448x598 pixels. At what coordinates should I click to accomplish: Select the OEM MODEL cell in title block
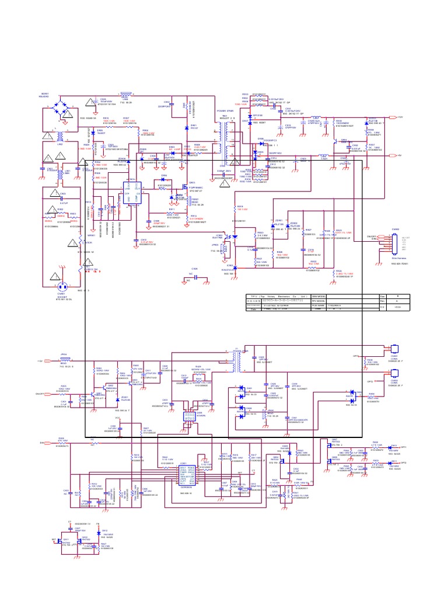pyautogui.click(x=321, y=296)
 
